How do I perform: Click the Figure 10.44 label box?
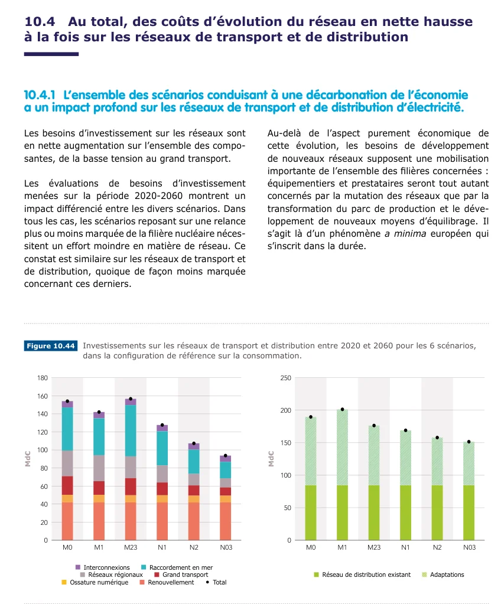(x=50, y=345)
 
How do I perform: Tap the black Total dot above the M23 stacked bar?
(x=131, y=399)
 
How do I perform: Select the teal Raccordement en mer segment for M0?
(x=67, y=429)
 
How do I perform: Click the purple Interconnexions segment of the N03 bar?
(x=226, y=458)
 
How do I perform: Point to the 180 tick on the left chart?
(x=43, y=378)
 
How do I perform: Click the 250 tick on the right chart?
(x=285, y=378)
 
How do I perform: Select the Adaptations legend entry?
(x=443, y=574)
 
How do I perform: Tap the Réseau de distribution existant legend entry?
(x=362, y=574)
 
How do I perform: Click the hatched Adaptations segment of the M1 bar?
(x=342, y=447)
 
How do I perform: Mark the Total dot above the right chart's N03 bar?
(x=469, y=442)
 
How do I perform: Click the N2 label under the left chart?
(x=194, y=547)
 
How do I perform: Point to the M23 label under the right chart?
(x=374, y=547)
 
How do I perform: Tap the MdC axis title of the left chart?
(x=28, y=458)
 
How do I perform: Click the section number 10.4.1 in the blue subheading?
(x=40, y=94)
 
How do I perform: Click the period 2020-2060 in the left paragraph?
(x=158, y=195)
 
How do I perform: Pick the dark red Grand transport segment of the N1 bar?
(x=162, y=489)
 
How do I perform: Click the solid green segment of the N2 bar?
(x=437, y=512)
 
